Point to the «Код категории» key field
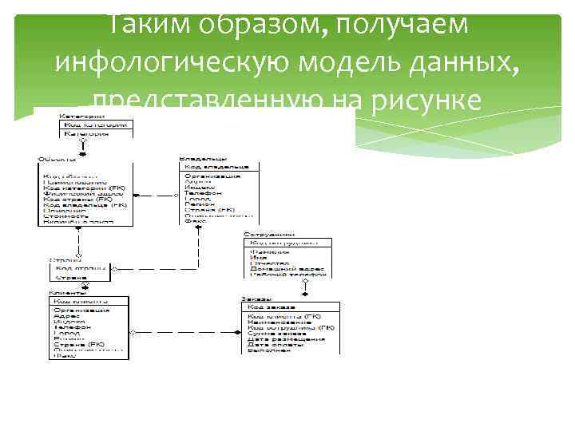(x=95, y=125)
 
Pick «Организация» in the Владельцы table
(x=212, y=176)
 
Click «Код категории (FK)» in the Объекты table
(x=84, y=187)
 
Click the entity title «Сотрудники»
(x=269, y=235)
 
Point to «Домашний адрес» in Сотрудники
(x=288, y=269)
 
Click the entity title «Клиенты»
(x=69, y=294)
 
